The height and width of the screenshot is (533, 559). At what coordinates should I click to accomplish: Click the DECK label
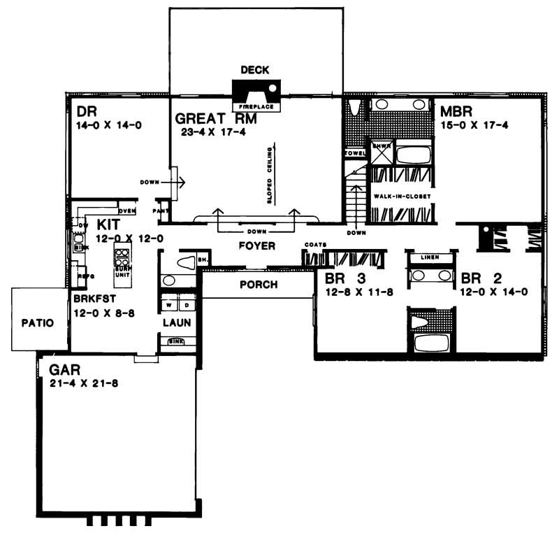click(x=254, y=70)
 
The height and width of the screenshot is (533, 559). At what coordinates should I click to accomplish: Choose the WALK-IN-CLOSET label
click(x=400, y=197)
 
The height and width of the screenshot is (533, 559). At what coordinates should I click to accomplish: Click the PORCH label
click(x=258, y=285)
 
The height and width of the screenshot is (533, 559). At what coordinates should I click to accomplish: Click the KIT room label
click(x=108, y=225)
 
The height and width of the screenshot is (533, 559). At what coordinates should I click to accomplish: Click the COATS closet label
click(x=313, y=246)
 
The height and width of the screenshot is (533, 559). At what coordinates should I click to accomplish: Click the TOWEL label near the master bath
click(x=352, y=152)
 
